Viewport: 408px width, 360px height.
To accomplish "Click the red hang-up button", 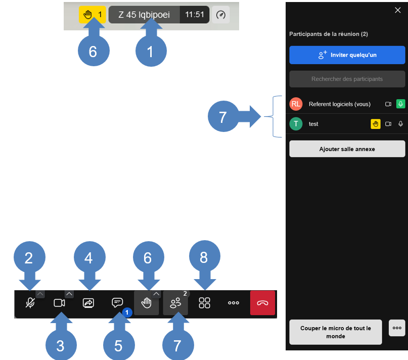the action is [262, 303].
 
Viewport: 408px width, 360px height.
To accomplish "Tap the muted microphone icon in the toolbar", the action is [30, 303].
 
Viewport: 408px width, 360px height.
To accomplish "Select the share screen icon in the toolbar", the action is [88, 303].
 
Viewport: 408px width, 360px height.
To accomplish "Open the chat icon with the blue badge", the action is [117, 302].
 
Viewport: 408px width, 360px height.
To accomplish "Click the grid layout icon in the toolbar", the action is [204, 303].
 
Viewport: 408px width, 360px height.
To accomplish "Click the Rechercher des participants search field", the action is [347, 79].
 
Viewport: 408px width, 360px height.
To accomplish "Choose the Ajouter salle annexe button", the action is [347, 149].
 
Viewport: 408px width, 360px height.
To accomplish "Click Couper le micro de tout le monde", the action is [336, 332].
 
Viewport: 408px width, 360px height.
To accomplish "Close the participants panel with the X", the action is [397, 10].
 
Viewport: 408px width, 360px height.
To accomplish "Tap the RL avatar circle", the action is [296, 104].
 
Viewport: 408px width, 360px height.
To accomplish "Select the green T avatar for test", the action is [296, 124].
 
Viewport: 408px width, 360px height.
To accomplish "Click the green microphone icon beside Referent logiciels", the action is [401, 104].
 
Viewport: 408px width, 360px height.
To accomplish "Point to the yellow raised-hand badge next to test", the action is [376, 124].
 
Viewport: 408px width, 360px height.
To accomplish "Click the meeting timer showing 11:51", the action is [194, 15].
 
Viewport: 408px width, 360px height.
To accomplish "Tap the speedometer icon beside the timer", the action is [221, 15].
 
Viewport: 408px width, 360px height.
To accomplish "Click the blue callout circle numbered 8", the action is [205, 256].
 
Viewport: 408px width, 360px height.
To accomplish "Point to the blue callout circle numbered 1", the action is [151, 51].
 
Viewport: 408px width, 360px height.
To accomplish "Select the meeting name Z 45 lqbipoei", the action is [144, 15].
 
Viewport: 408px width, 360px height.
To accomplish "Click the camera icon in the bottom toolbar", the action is [59, 303].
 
